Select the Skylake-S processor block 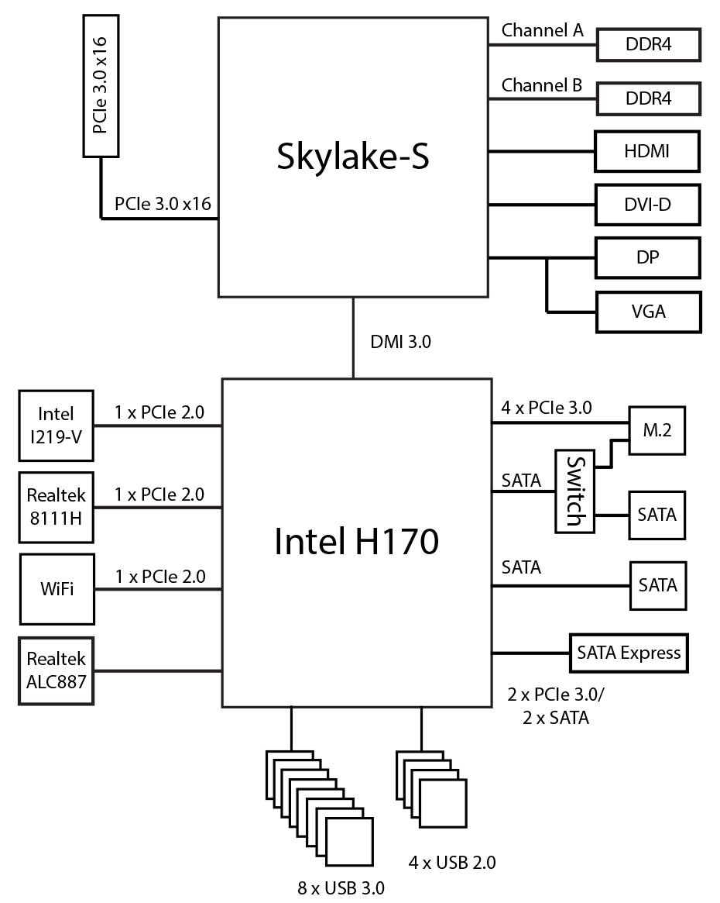(x=353, y=157)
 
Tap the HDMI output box (x=647, y=151)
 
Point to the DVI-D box (x=648, y=205)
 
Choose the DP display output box (x=648, y=257)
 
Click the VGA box (x=649, y=312)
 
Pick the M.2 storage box (x=657, y=430)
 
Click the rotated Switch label (x=574, y=491)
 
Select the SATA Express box (x=629, y=653)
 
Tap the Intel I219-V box (x=57, y=426)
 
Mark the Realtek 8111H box (x=57, y=507)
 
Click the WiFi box (x=57, y=589)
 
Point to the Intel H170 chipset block (x=357, y=543)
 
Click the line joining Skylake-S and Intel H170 (x=354, y=338)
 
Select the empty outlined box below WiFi (x=57, y=671)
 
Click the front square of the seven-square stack (x=349, y=842)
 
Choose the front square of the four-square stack (x=442, y=803)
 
